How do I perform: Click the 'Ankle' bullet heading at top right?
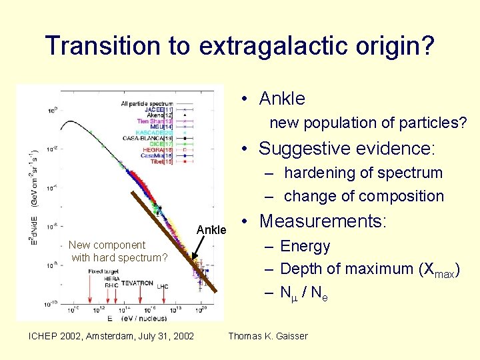[281, 99]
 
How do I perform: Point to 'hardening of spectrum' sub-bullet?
[363, 173]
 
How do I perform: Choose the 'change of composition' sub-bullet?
[363, 196]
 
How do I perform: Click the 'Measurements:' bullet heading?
[323, 221]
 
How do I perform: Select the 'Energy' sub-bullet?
[305, 246]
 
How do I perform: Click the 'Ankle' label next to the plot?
[213, 231]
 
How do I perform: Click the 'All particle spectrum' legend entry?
[147, 103]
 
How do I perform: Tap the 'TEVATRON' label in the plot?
[137, 283]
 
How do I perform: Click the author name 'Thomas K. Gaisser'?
[268, 335]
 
